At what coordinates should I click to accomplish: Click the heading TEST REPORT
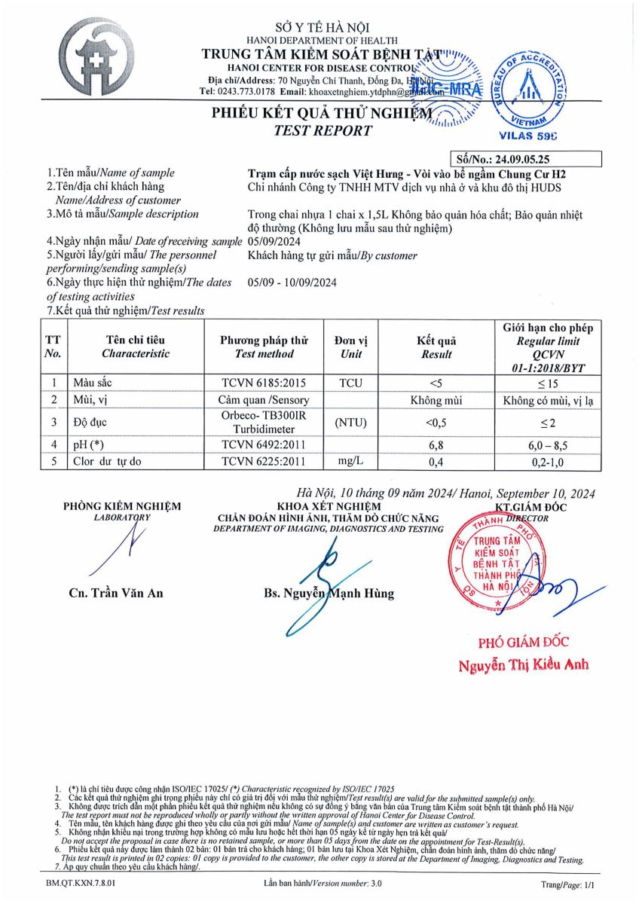click(323, 131)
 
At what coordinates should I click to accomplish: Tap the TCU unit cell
click(350, 383)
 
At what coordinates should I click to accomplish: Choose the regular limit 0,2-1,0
click(548, 461)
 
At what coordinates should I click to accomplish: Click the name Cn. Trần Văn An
click(115, 593)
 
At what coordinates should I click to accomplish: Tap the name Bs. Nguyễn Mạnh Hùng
click(329, 593)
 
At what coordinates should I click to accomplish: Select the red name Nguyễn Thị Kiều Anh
click(524, 664)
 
